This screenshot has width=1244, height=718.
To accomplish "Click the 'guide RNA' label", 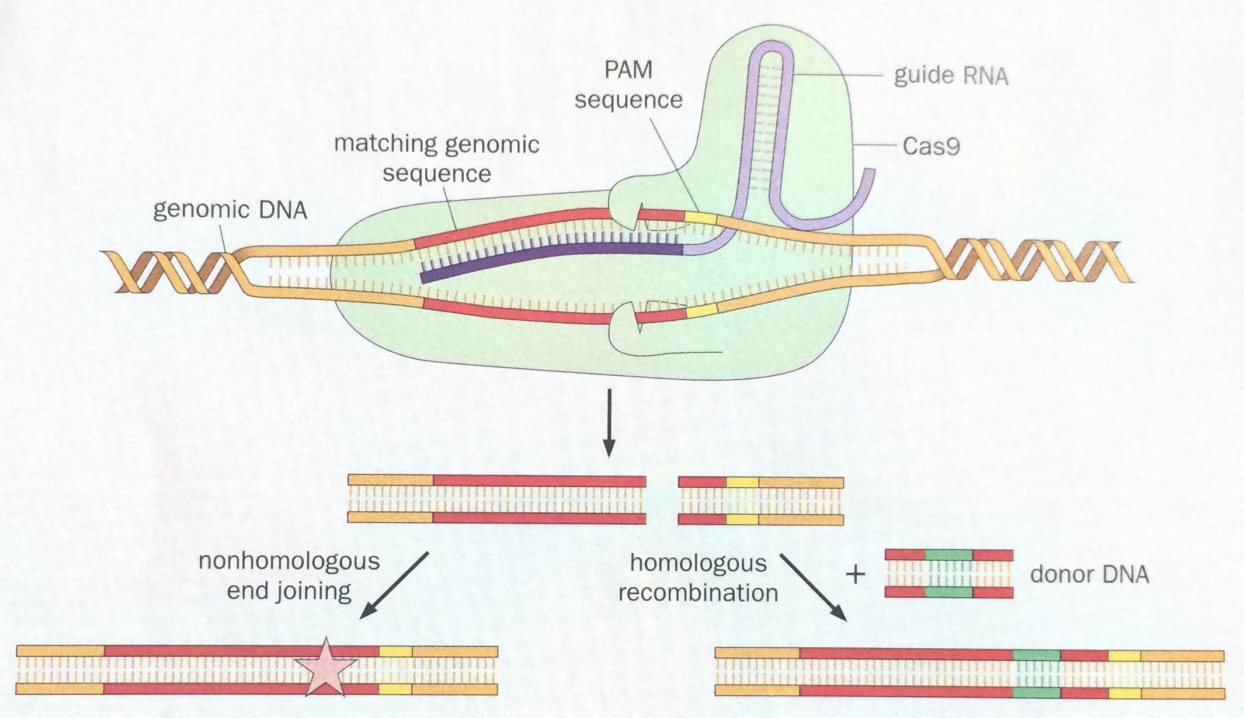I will pos(951,76).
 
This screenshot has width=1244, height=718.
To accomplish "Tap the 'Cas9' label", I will pos(931,145).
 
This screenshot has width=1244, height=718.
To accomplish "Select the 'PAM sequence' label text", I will pos(628,85).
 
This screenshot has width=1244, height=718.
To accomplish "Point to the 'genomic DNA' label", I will pos(230,209).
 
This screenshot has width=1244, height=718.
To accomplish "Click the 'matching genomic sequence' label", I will pos(436,158).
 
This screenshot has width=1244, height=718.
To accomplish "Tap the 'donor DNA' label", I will pos(1089,574).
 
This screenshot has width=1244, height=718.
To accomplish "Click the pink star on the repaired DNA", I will pos(325,668).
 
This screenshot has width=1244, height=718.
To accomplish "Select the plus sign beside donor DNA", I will pos(855,575).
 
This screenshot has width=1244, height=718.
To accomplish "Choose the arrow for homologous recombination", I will pos(813,587).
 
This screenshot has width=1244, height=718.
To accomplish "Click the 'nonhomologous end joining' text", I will pos(289,575).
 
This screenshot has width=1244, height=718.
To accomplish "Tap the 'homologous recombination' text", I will pos(698,578).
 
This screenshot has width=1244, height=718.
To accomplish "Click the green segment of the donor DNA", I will pos(948,574).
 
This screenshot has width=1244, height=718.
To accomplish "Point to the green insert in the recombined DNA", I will pos(1036,674).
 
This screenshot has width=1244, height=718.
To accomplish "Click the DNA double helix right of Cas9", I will pos(1034,263).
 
